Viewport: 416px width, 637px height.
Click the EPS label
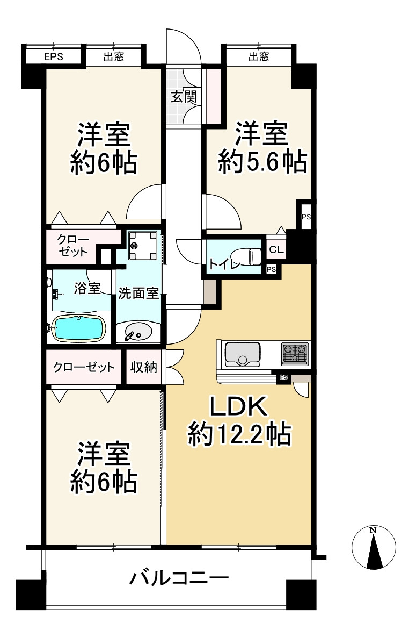coord(54,56)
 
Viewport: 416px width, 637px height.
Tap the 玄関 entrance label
coord(184,97)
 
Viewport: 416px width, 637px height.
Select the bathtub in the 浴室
coord(78,328)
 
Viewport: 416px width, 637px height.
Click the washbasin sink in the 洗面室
coord(137,332)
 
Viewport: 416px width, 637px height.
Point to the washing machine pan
coord(142,245)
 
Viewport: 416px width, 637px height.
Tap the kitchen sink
coord(242,355)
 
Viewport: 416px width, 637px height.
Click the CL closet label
coord(276,249)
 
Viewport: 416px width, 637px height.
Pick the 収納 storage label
coord(144,367)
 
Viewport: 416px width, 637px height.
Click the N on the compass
coord(373,530)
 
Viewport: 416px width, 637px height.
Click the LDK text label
coord(238,406)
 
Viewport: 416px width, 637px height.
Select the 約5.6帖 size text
coord(262,162)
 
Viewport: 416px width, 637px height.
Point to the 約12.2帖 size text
coord(239,434)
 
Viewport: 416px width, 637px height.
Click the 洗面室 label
coord(138,293)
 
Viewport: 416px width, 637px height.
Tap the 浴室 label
coord(87,289)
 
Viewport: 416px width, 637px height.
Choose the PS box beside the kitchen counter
coord(284,378)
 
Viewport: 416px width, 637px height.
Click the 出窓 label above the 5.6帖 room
coord(259,56)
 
